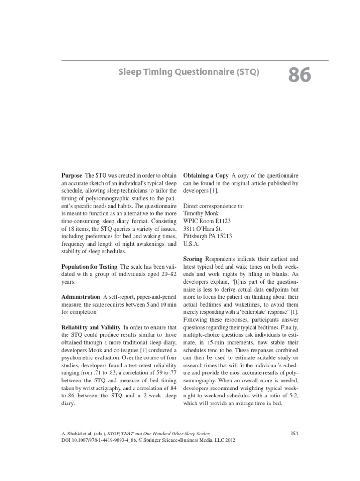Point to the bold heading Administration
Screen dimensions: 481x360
81,297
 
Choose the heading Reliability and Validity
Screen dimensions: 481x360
91,327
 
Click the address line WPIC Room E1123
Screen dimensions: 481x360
207,221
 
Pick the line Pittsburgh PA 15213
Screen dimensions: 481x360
208,236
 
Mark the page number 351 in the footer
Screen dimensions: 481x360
294,433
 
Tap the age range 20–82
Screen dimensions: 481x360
165,275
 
